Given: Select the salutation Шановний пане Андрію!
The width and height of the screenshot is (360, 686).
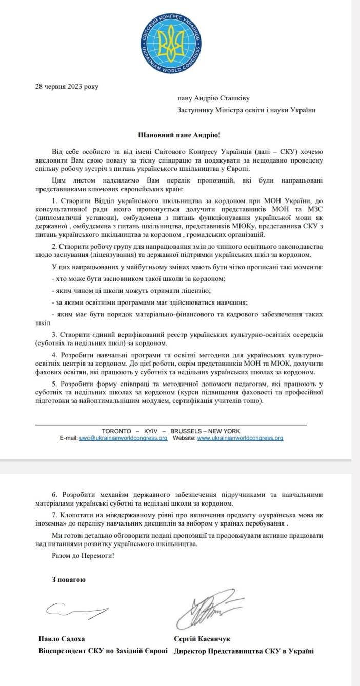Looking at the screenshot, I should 179,135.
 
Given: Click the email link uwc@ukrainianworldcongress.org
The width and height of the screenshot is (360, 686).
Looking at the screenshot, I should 123,438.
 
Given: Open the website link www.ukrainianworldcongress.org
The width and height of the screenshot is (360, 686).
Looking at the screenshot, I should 240,438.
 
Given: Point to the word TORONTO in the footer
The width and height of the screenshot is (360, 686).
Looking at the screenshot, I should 117,431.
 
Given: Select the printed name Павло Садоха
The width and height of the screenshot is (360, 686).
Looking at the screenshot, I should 62,639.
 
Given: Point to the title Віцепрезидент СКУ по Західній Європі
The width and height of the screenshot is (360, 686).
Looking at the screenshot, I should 103,651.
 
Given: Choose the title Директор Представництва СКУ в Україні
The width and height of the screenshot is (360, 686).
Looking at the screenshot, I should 244,651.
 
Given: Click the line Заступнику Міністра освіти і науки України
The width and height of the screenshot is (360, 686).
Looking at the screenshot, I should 246,110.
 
